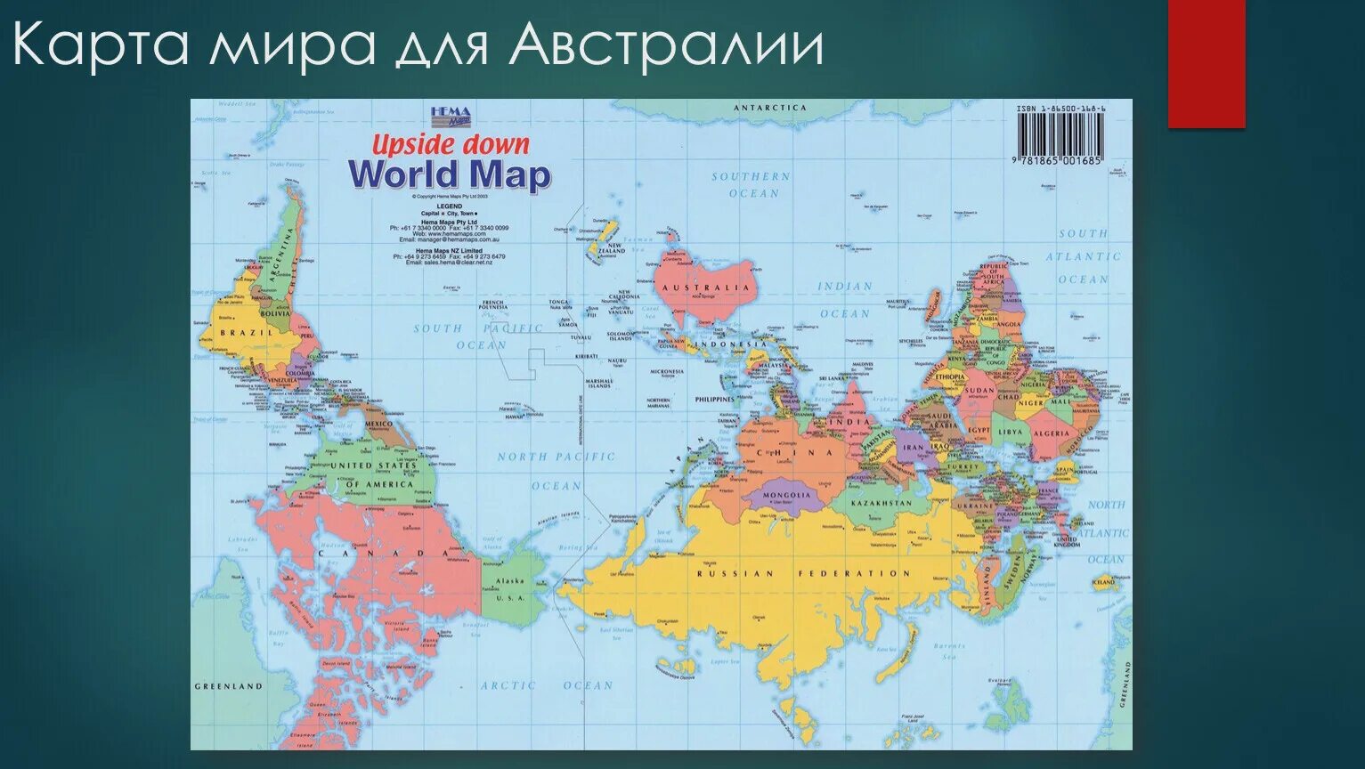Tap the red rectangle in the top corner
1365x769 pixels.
(x=1206, y=62)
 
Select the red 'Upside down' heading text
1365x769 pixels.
(x=450, y=143)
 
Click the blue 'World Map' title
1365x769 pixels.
(x=449, y=174)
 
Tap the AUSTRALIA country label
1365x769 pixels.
(x=718, y=287)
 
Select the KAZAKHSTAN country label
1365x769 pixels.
(x=882, y=503)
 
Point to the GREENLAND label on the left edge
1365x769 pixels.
(x=229, y=686)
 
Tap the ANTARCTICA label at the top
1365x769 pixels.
(x=769, y=108)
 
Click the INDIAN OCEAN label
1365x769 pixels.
(x=845, y=300)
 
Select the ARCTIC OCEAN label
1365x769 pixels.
(x=547, y=685)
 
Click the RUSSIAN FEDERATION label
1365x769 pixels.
(x=803, y=574)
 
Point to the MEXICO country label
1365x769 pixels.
(x=378, y=425)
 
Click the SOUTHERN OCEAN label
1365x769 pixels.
(x=751, y=184)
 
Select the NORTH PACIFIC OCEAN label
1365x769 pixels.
(x=557, y=471)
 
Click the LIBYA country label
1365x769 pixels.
(x=1010, y=432)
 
